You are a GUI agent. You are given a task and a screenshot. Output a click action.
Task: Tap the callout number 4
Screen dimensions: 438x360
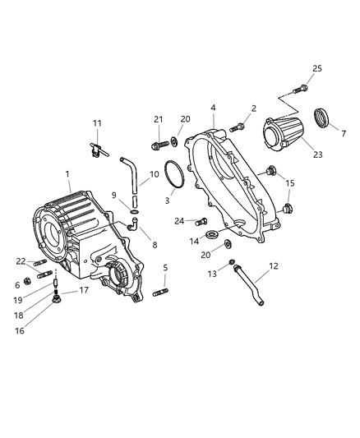pos(212,108)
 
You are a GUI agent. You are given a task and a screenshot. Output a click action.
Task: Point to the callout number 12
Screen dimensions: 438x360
pos(274,266)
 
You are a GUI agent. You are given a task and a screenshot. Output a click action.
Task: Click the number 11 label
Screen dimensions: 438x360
pos(97,123)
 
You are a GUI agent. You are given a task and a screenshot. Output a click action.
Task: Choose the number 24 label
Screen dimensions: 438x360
pos(179,220)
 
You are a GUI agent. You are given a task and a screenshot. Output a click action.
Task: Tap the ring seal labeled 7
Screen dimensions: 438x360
pos(322,117)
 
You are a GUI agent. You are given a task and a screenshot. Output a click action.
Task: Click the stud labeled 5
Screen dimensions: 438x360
pos(159,293)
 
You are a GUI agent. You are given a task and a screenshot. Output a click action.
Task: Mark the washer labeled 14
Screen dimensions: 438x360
pos(214,237)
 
